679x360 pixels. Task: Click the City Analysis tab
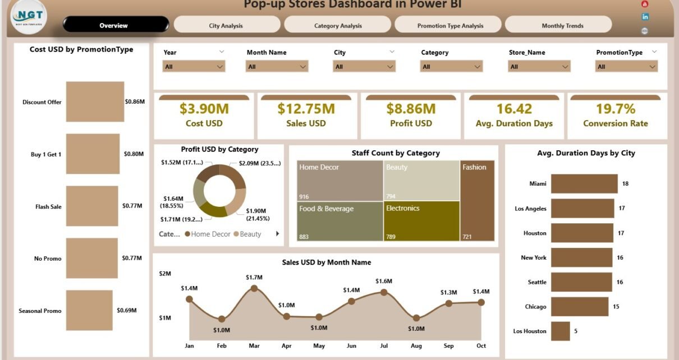coord(226,26)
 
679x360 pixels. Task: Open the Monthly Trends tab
coord(562,26)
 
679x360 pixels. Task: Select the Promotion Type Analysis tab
coord(450,26)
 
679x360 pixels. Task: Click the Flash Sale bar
coord(92,206)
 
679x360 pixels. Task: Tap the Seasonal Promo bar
coord(89,310)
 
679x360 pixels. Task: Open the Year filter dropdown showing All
coord(194,67)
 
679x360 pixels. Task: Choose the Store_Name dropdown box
coord(539,67)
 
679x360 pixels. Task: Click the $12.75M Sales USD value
coord(306,109)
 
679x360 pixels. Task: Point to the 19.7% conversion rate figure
coord(615,109)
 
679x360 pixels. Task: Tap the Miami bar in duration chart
coord(584,184)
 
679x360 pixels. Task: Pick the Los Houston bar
coord(560,331)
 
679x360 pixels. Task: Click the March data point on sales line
coord(254,288)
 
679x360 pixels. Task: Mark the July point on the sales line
coord(384,292)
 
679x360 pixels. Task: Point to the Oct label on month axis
coord(481,346)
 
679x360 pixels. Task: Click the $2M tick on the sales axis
coord(164,274)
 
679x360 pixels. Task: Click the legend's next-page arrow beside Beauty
coord(277,234)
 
